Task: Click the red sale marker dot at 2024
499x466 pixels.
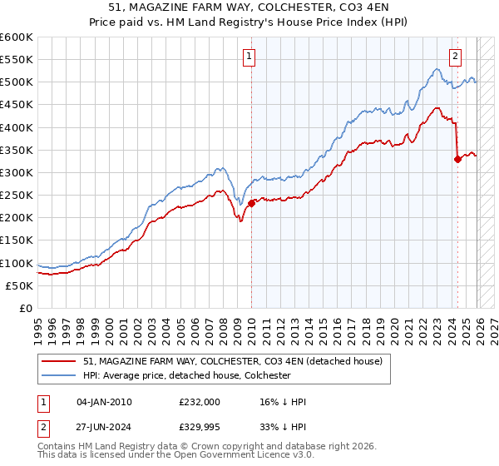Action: pyautogui.click(x=457, y=159)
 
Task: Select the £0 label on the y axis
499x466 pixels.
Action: pyautogui.click(x=25, y=308)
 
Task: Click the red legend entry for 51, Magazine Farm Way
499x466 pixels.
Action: pyautogui.click(x=232, y=361)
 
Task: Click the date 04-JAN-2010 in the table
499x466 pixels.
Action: pyautogui.click(x=104, y=403)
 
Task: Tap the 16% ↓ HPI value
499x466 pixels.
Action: pyautogui.click(x=283, y=403)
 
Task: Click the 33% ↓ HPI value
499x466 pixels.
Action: pyautogui.click(x=283, y=429)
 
